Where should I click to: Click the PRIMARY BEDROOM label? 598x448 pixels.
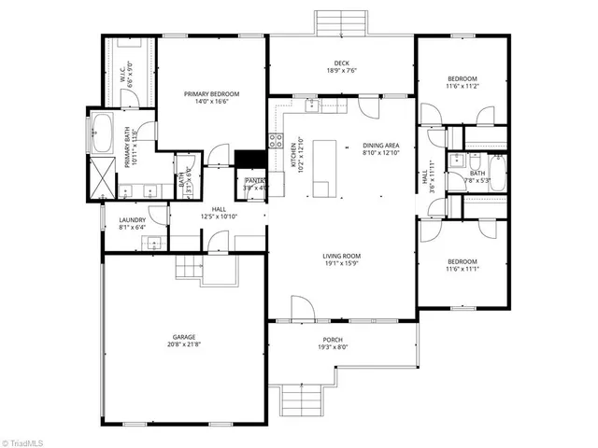[x=212, y=94]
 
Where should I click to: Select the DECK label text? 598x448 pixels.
[x=342, y=62]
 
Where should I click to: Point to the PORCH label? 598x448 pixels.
[x=333, y=340]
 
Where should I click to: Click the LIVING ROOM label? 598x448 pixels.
[x=342, y=256]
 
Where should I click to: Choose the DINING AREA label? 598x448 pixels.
[x=381, y=146]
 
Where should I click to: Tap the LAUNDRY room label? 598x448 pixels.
[x=132, y=220]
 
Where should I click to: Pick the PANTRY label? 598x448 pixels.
[x=253, y=181]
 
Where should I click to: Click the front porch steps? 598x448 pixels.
[x=301, y=403]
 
